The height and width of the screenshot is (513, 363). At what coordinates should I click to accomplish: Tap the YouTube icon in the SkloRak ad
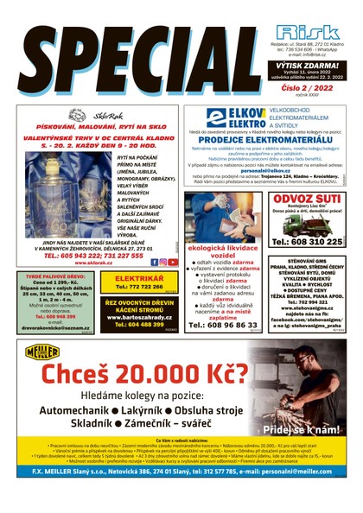[x=172, y=262]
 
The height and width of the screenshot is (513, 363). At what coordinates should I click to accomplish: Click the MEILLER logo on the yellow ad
[x=42, y=351]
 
